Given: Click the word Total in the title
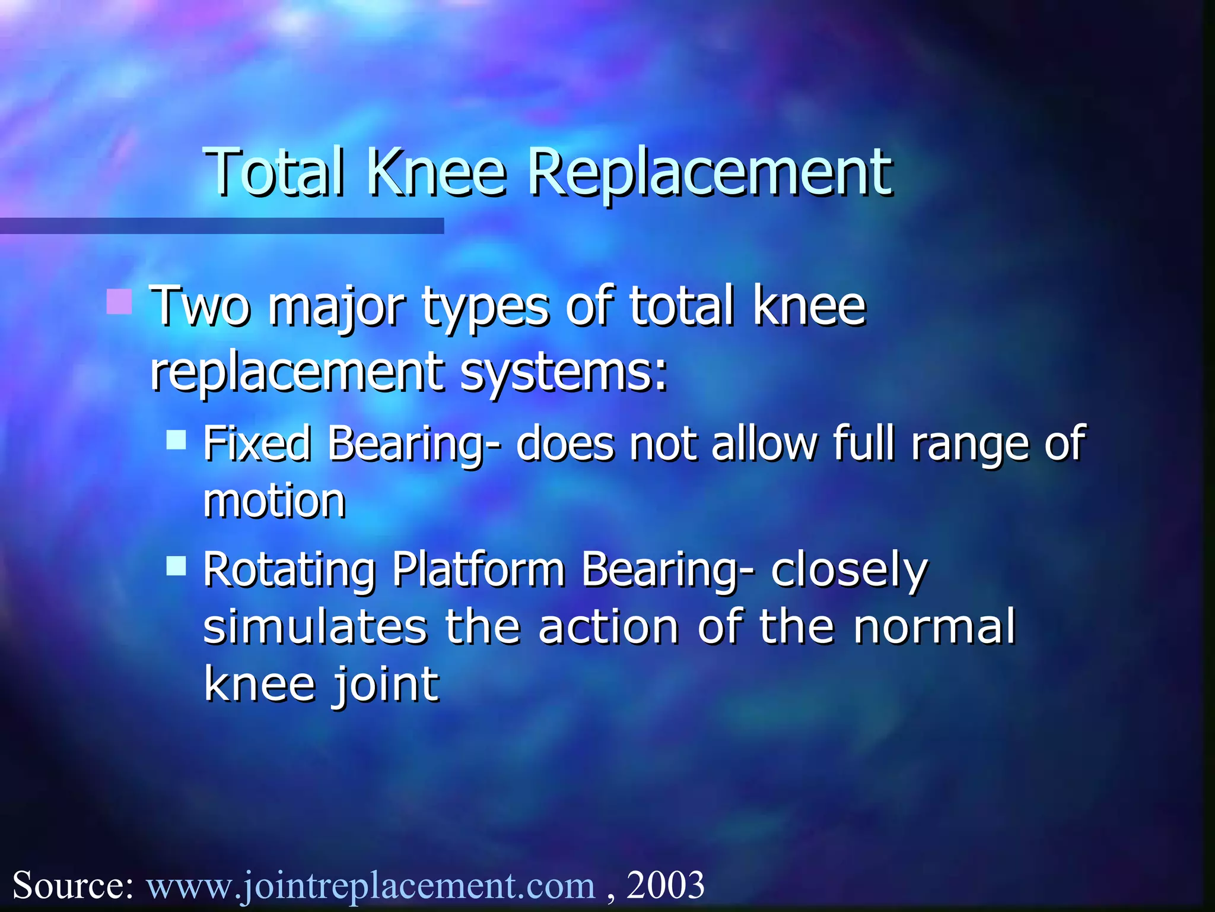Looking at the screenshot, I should point(273,172).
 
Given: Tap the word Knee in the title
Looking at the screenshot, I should point(437,172).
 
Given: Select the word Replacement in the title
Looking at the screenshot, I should point(709,172).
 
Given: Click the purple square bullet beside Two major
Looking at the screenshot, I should point(119,301).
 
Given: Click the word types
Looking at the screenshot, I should point(485,308).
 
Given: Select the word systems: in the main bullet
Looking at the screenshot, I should point(564,373).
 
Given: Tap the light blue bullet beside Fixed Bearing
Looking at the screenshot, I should point(176,441).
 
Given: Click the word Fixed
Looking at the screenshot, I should point(256,444).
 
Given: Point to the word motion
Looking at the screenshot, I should point(274,501).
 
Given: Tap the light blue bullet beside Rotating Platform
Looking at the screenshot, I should point(176,566).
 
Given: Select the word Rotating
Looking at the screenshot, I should point(290,570).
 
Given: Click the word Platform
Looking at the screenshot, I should point(478,570).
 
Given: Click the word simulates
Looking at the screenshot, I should point(315,627).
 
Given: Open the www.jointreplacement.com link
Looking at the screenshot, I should point(371,885).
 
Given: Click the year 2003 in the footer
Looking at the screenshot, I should point(665,885).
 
